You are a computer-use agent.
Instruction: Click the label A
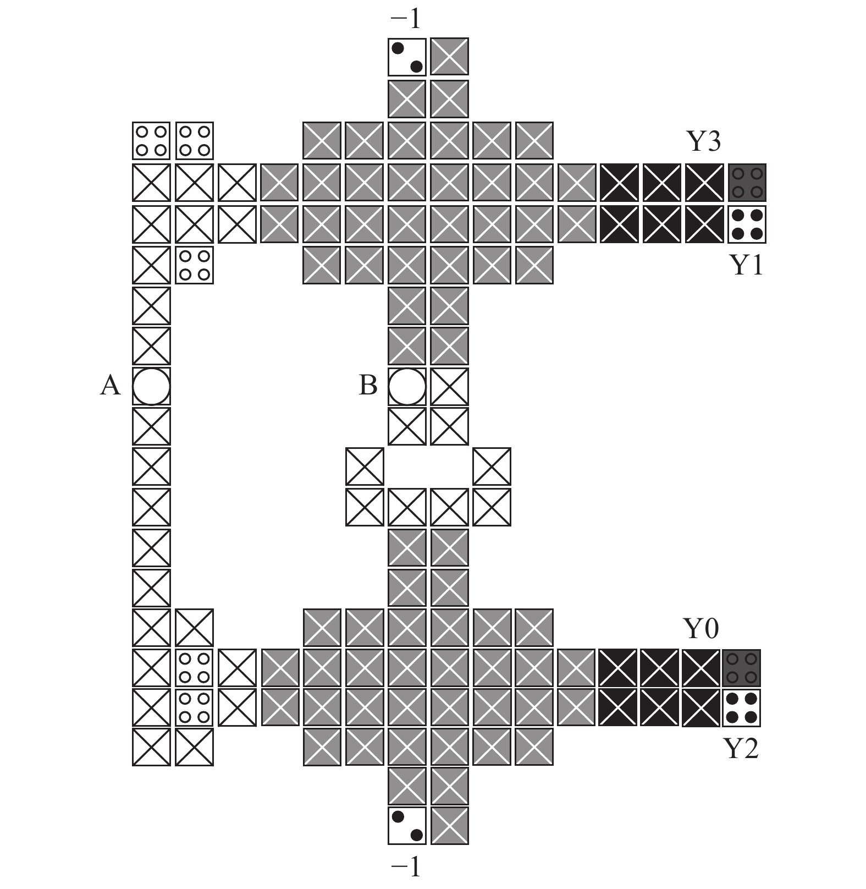(110, 386)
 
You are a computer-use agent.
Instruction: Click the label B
(368, 386)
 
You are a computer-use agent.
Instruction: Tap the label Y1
(746, 265)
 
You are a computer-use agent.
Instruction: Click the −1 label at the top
(406, 20)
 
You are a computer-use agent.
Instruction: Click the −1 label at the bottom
(406, 868)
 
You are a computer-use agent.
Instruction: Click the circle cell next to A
(151, 386)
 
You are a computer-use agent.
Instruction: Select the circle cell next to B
(407, 386)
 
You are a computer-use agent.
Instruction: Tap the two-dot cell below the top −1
(407, 57)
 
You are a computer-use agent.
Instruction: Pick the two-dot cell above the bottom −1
(407, 825)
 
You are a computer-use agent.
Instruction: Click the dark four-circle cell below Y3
(747, 182)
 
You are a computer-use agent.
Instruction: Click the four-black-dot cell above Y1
(747, 224)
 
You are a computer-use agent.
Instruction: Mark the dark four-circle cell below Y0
(742, 668)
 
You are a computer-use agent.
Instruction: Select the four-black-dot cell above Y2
(742, 709)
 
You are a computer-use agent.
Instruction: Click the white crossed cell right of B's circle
(450, 386)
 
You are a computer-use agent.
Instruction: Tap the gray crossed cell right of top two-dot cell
(450, 57)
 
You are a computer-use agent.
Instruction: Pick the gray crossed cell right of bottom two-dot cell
(450, 825)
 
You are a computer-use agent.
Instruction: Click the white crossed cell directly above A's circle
(151, 346)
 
